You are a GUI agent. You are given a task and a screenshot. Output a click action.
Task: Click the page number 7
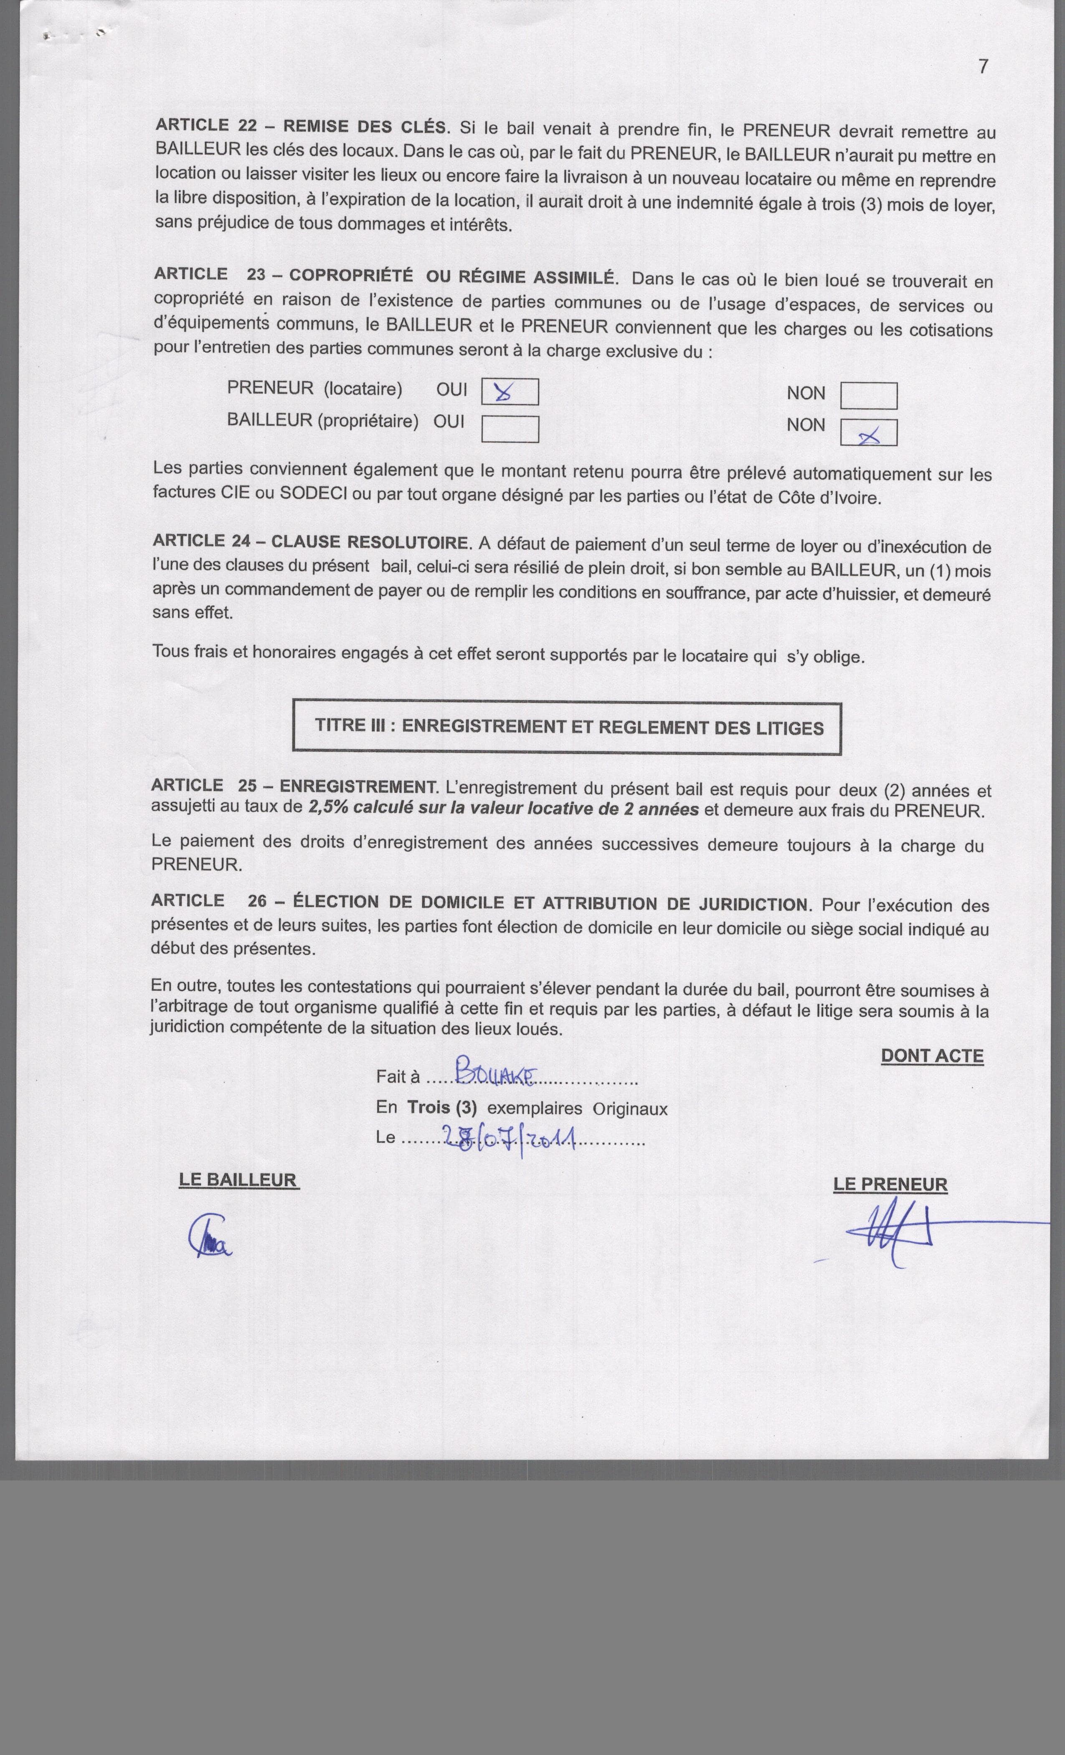(x=983, y=66)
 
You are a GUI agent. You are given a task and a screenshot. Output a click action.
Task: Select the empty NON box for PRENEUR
(x=869, y=396)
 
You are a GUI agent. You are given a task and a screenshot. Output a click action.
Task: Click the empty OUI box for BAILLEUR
(x=510, y=429)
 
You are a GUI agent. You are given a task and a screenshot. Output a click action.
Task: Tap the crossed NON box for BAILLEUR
(x=869, y=433)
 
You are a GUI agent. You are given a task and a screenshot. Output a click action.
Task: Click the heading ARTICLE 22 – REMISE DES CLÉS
(x=302, y=127)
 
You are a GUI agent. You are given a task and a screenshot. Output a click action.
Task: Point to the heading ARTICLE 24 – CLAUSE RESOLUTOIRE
(x=311, y=541)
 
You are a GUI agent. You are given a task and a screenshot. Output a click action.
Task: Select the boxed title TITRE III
(x=568, y=727)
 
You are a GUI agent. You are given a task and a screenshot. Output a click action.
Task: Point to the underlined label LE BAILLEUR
(x=238, y=1180)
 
